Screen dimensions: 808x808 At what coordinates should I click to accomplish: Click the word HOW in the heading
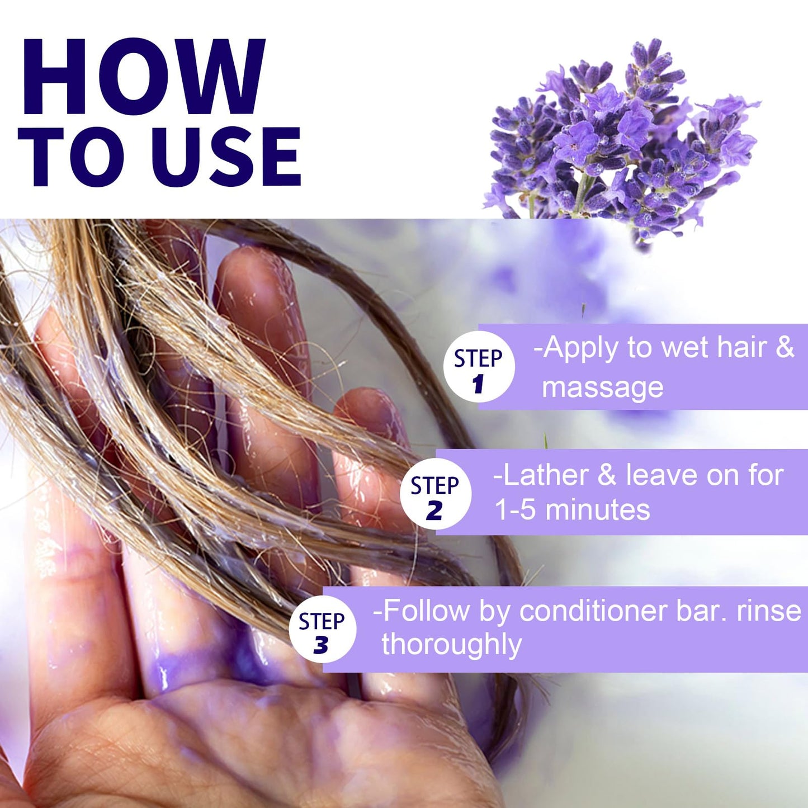click(x=143, y=77)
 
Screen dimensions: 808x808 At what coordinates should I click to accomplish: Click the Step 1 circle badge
click(x=479, y=367)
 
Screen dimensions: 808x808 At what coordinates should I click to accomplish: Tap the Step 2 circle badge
click(x=435, y=494)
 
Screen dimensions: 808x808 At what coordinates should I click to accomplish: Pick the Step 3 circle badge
click(x=322, y=630)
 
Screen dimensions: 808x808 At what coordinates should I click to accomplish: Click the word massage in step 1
click(x=602, y=388)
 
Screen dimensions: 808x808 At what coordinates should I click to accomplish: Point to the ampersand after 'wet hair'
click(x=785, y=347)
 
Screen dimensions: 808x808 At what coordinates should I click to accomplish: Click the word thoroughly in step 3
click(x=452, y=644)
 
